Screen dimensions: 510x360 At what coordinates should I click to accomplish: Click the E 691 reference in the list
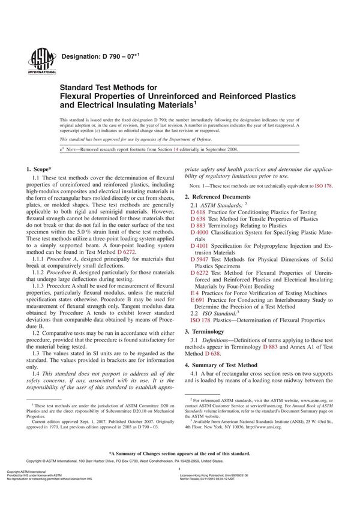(197, 299)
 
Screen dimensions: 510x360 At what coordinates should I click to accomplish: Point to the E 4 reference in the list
(195, 292)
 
